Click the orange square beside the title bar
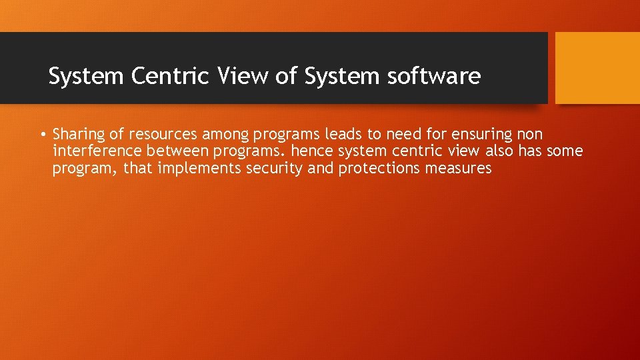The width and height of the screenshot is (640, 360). point(597,68)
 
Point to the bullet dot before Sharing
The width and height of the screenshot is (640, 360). point(42,135)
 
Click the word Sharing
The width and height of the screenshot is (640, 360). point(80,135)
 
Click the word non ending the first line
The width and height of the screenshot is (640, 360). point(530,135)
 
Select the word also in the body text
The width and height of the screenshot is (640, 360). point(498,151)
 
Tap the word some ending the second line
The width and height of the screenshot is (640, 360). point(565,151)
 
